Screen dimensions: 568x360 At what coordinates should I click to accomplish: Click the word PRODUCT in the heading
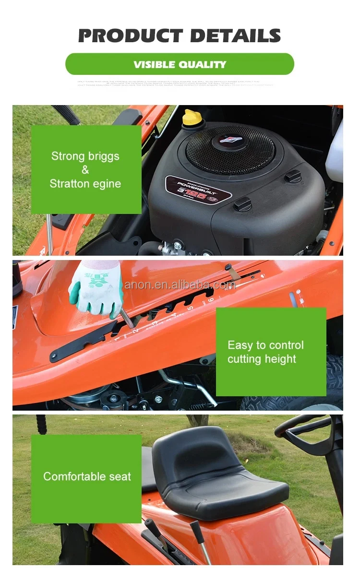(130, 36)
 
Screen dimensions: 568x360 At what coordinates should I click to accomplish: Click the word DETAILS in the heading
(235, 36)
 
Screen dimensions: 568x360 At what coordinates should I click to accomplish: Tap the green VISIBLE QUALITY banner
(180, 64)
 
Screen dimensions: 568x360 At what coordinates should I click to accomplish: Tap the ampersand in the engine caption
(85, 170)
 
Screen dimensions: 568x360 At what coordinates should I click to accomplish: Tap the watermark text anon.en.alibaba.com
(180, 285)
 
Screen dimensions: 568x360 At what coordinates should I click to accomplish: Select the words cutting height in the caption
(262, 359)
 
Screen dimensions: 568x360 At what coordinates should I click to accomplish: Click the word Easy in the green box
(240, 345)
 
